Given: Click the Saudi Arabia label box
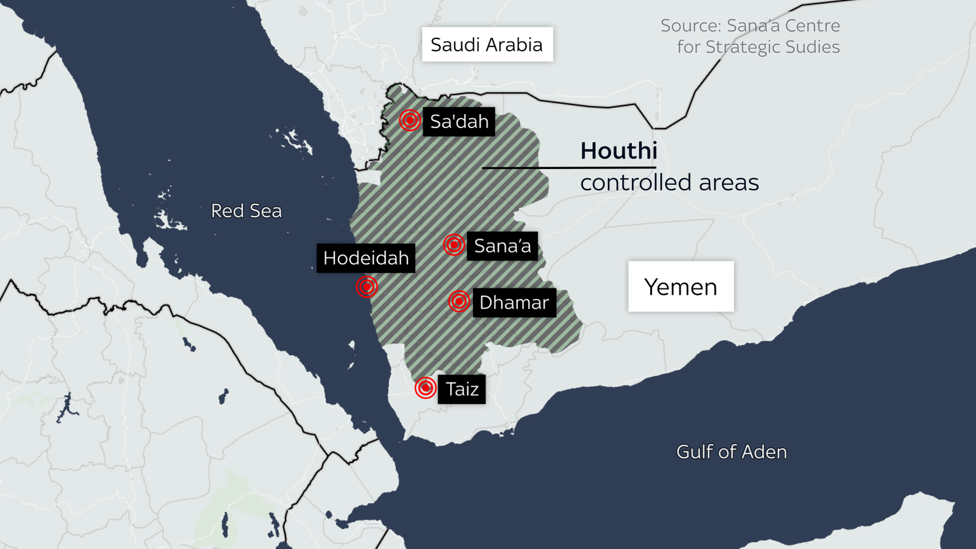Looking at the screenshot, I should coord(487,45).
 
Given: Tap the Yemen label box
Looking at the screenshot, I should coord(681,287).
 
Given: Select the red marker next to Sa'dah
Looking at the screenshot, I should coord(410,120).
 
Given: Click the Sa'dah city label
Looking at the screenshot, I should coord(459,122).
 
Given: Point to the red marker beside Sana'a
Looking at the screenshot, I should coord(454,245).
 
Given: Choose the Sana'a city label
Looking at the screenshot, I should coord(502,246).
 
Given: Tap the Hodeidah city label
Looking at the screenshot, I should coord(366,258).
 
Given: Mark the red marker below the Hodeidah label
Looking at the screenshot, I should coord(367,286).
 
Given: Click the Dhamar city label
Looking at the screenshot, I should coord(514,303).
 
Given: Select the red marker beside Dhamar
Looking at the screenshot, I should coord(459,301).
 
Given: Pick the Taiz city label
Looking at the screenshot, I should coord(462,389).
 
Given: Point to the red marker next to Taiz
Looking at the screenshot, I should coord(425,387).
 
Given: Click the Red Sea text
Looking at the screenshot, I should coord(246,211).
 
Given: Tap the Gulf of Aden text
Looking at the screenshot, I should coord(731,452).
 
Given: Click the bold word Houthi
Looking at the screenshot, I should coord(619,151).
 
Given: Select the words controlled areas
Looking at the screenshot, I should coord(669,183).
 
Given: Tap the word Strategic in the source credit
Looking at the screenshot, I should coord(739,47).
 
